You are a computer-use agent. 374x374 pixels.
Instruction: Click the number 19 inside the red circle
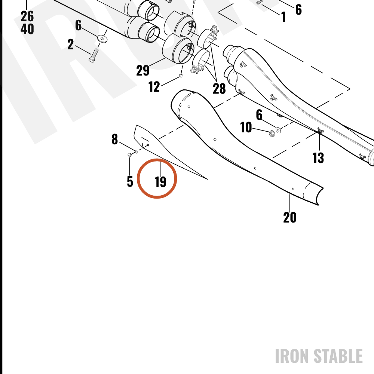(160, 182)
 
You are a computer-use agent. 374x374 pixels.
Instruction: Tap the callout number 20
(289, 218)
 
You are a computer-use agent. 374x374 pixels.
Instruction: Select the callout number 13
(318, 158)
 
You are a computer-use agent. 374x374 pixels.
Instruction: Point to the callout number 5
(130, 181)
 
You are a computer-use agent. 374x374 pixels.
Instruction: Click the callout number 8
(115, 139)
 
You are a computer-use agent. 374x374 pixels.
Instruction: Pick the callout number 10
(246, 128)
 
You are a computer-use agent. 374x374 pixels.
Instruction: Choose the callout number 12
(154, 87)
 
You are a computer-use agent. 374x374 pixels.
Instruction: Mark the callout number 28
(219, 89)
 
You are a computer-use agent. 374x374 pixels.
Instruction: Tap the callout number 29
(142, 71)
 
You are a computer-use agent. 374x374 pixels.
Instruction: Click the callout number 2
(70, 45)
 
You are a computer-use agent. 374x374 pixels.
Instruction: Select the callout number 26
(27, 16)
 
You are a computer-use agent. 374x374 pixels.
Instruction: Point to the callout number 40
(27, 29)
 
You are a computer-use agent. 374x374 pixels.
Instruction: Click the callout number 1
(283, 17)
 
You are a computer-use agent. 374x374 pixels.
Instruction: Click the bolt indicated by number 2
(93, 55)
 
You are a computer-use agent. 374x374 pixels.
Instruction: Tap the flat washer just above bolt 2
(102, 38)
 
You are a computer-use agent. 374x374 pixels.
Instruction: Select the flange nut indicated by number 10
(272, 134)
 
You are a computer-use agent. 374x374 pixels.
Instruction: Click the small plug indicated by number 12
(181, 76)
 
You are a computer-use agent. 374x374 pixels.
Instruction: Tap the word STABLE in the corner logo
(338, 356)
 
